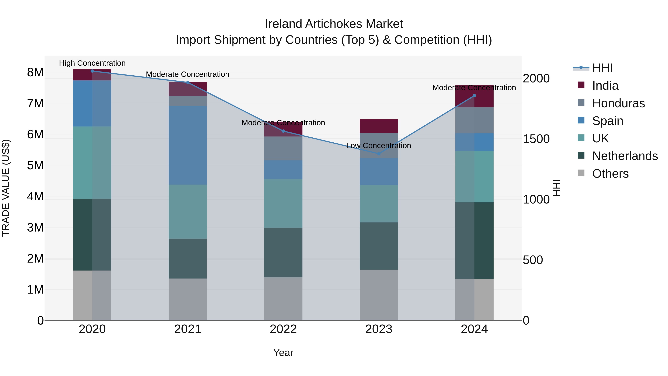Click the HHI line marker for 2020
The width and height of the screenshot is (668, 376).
92,71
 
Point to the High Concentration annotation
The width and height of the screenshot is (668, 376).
92,63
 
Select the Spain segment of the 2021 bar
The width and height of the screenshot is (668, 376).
188,145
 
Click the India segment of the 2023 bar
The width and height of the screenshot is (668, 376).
379,126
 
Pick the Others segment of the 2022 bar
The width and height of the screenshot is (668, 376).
283,299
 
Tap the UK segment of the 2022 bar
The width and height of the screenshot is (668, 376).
283,204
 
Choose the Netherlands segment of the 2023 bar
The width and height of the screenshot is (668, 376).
379,246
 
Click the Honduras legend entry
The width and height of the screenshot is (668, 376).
618,103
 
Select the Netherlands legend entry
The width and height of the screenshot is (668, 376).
625,156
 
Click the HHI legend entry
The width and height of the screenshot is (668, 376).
602,68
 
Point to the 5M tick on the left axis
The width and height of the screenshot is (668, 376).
35,165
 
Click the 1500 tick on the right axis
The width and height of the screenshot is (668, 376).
536,139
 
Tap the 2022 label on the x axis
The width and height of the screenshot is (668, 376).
283,329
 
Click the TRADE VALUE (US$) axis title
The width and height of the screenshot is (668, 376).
6,188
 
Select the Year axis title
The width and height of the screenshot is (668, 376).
283,353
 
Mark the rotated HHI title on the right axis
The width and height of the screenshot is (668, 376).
557,188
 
